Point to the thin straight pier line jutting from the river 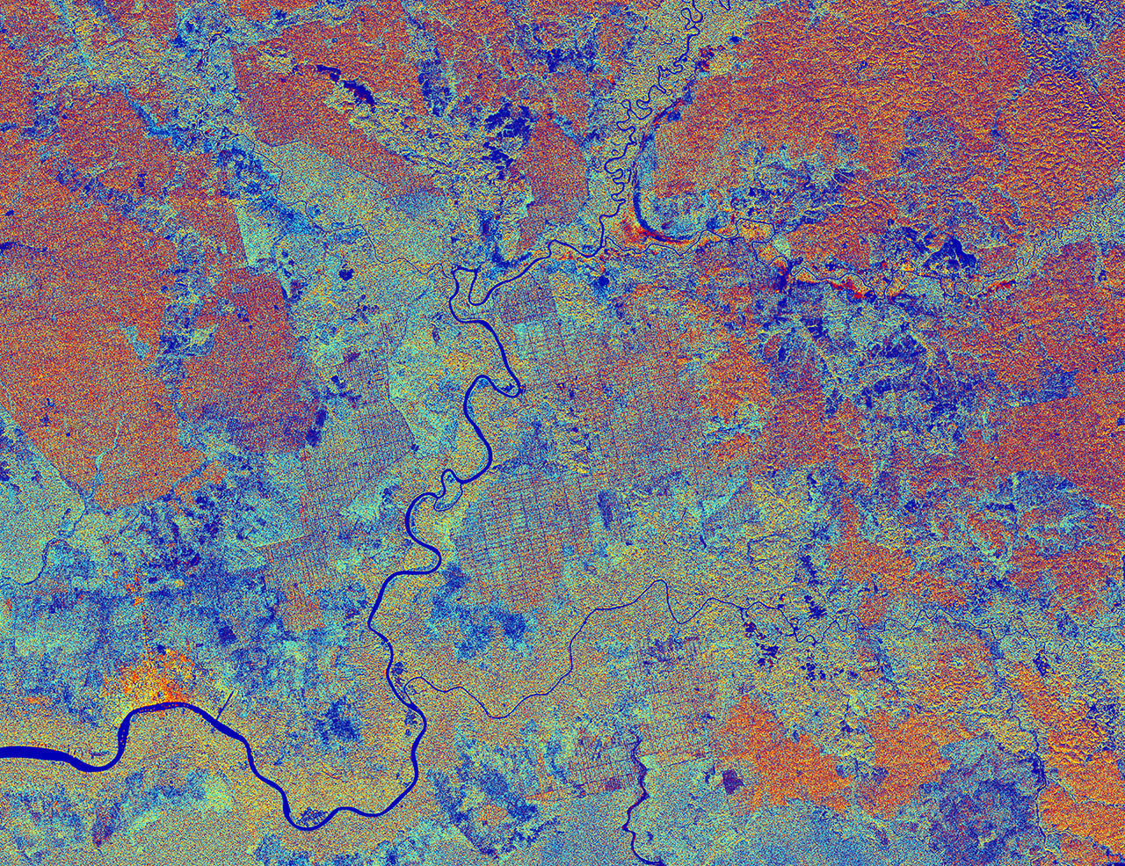(x=226, y=701)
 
